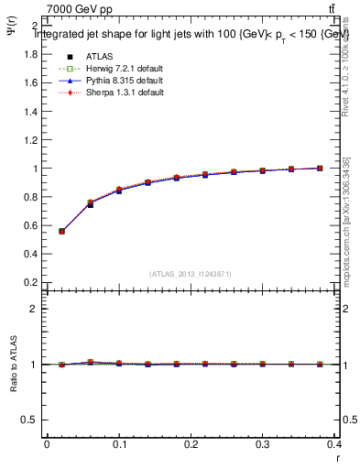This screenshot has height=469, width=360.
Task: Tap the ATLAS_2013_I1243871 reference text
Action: (x=191, y=273)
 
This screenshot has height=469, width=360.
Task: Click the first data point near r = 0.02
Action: (x=61, y=231)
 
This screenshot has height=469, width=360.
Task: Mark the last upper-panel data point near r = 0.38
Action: (x=320, y=169)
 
